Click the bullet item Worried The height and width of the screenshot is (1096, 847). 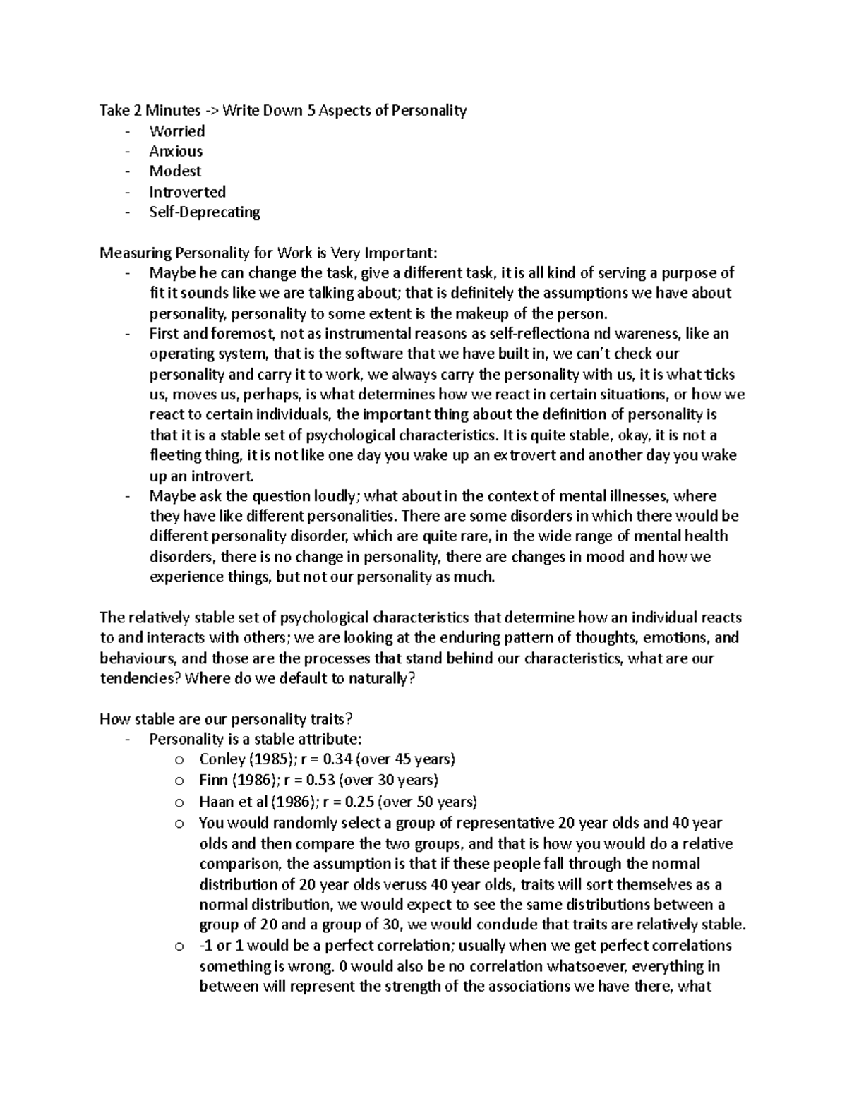176,131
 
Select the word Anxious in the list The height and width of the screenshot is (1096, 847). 176,151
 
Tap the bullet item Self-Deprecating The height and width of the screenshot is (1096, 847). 205,212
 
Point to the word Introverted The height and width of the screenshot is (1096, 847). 187,192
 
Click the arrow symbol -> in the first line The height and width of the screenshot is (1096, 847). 212,111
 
